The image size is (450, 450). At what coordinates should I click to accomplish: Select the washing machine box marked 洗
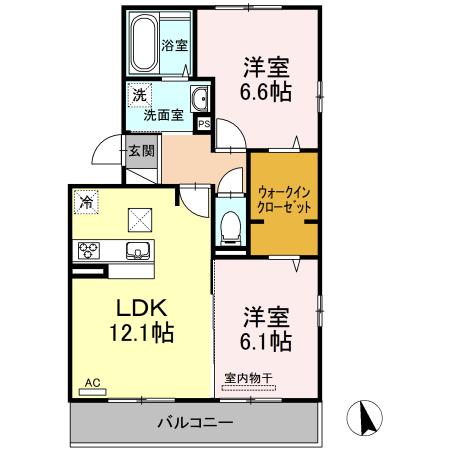[x=135, y=98]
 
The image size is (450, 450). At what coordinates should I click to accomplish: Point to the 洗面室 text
[x=163, y=115]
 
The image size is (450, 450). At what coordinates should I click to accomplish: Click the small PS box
[x=204, y=125]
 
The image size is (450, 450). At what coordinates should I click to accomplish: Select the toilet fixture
[x=230, y=222]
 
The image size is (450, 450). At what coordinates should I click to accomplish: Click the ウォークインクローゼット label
[x=284, y=197]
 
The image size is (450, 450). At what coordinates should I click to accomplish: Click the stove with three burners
[x=86, y=249]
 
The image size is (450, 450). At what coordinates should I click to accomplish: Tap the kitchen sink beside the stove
[x=136, y=249]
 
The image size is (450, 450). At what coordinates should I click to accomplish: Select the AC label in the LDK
[x=92, y=382]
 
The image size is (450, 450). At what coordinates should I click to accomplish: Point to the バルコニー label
[x=194, y=423]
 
